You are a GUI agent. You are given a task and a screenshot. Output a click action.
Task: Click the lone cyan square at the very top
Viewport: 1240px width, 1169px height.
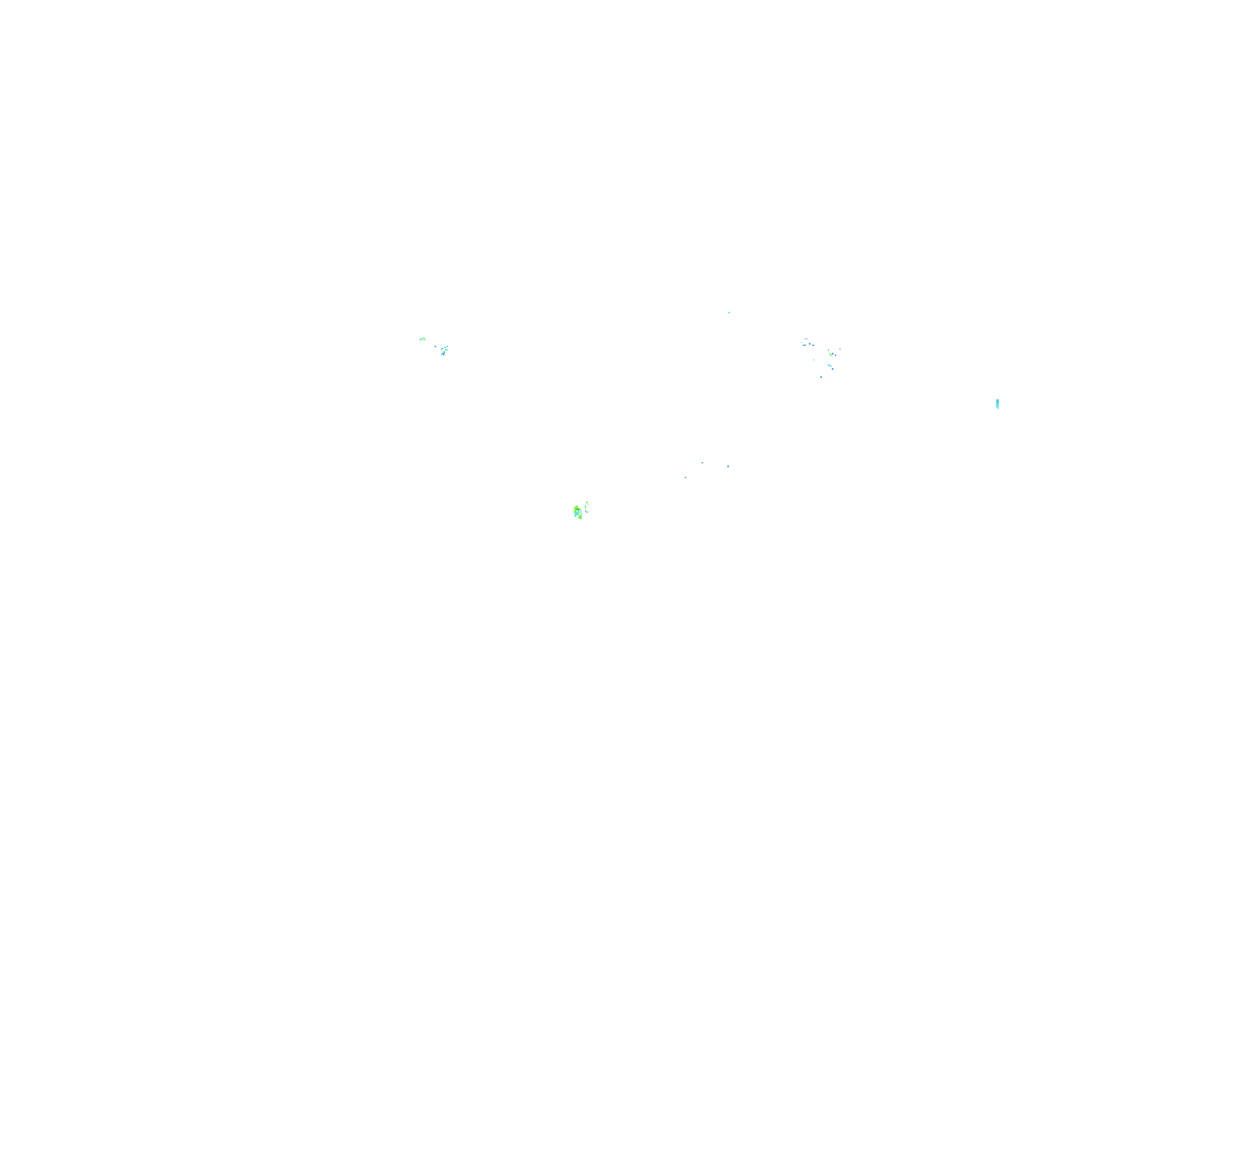729,312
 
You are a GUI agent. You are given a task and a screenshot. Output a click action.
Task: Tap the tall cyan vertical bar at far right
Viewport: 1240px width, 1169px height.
998,405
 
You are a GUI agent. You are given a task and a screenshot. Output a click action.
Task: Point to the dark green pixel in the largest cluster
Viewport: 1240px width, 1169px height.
577,509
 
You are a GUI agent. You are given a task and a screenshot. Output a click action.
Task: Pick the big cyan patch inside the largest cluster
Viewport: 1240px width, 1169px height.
576,514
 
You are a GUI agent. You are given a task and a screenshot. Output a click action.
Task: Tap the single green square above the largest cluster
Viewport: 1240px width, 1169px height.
587,503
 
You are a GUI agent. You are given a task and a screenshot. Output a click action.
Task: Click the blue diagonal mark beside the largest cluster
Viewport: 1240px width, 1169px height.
586,512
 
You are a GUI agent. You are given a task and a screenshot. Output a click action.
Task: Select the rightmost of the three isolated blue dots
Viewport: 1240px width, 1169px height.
728,467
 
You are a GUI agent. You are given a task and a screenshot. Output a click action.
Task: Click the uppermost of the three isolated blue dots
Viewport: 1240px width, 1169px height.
702,463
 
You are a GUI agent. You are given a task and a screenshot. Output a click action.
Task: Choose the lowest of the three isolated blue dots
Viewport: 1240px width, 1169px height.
686,478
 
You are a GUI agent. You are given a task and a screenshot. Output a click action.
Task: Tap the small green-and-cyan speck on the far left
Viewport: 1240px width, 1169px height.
422,339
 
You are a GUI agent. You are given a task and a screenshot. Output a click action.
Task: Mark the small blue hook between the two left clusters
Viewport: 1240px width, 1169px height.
436,347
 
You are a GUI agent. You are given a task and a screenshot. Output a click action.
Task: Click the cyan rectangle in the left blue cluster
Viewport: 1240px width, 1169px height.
446,350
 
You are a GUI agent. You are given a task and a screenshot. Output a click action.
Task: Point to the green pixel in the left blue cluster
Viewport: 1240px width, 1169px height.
444,352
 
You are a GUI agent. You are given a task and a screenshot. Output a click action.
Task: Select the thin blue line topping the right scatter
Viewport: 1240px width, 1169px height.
807,339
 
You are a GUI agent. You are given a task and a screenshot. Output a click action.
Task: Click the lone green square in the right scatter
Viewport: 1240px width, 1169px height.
831,356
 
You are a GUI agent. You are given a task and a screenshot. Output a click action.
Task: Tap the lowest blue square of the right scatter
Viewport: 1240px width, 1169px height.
821,377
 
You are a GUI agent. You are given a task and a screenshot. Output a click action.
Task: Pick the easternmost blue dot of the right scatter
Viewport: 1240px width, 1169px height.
840,349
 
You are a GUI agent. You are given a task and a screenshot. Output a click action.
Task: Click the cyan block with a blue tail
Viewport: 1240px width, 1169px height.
830,365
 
